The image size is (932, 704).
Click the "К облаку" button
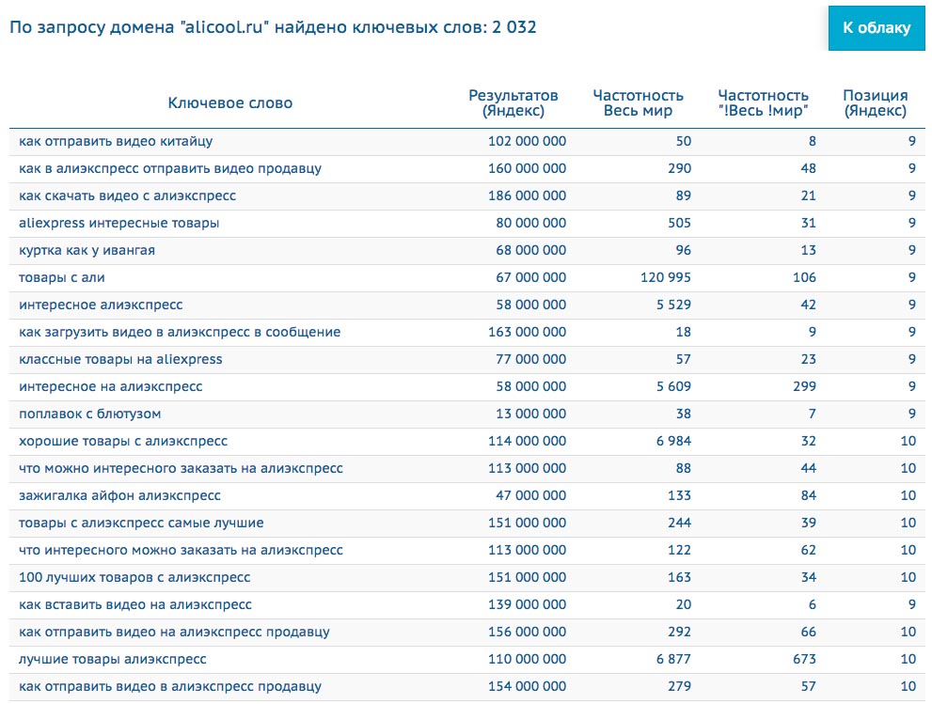click(x=877, y=28)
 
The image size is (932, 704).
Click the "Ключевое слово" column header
click(x=230, y=103)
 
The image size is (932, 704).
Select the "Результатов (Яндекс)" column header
click(x=513, y=103)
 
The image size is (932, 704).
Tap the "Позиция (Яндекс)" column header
click(x=875, y=103)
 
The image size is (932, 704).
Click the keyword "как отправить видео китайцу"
click(x=116, y=142)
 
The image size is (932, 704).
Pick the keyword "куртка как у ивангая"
click(x=87, y=250)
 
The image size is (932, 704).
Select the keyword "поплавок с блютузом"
click(x=90, y=414)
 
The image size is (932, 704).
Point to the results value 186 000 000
click(x=527, y=196)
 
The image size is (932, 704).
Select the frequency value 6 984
click(x=671, y=441)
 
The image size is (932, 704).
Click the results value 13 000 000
click(x=530, y=414)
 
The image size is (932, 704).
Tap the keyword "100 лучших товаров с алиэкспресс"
click(x=134, y=577)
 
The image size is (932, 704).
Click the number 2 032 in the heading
click(x=514, y=27)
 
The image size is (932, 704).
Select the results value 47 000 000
click(x=530, y=495)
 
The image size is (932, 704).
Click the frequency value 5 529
click(x=671, y=305)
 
